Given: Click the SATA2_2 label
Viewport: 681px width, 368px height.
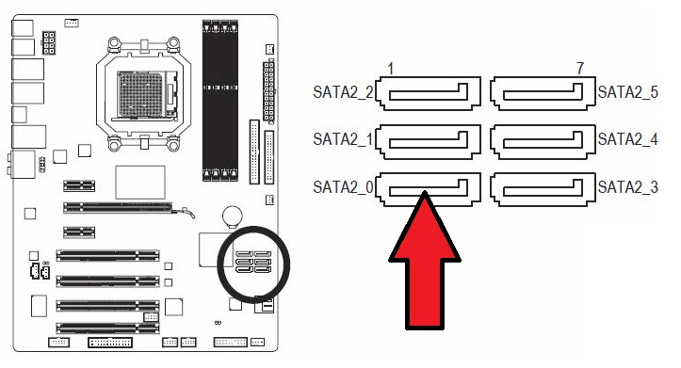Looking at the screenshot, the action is [343, 92].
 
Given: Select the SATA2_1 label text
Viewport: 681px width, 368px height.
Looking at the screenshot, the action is [343, 139].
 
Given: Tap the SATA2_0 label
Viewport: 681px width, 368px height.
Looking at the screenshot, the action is [343, 187].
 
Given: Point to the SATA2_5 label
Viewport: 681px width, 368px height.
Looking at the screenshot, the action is [628, 92].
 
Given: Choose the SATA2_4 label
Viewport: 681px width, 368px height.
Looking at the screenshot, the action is [628, 139].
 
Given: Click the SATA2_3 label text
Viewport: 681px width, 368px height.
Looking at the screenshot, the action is [628, 187].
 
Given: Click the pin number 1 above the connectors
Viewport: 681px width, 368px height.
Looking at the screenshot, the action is [391, 69].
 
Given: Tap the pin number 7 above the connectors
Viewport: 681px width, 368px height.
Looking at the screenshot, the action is [580, 68].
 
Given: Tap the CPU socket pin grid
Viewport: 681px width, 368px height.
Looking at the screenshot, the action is [140, 94].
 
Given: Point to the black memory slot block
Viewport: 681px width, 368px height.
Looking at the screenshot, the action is [220, 101].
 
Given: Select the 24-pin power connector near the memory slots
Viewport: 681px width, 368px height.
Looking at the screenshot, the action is [268, 90].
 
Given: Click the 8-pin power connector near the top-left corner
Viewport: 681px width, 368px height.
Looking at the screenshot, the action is [49, 42].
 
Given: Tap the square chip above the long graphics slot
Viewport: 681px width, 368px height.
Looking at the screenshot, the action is [140, 183].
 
